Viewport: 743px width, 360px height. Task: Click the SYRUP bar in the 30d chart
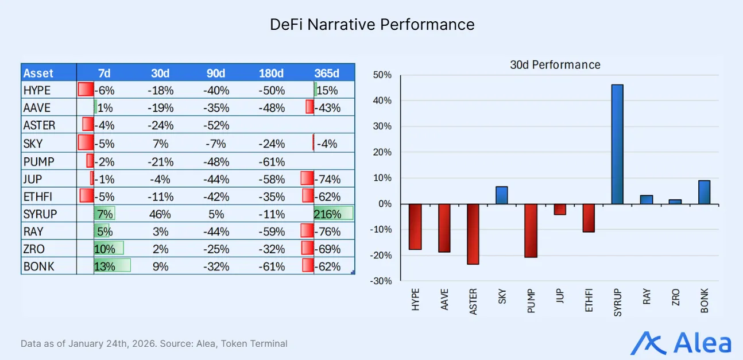click(x=617, y=144)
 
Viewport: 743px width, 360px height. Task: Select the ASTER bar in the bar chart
click(x=473, y=234)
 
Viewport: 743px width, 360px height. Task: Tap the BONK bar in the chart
click(x=705, y=192)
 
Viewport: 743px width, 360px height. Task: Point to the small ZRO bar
click(x=675, y=202)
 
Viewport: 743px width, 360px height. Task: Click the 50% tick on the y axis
click(x=382, y=75)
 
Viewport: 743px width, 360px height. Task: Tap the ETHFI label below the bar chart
click(x=589, y=300)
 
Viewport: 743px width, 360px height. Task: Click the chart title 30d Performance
click(x=555, y=65)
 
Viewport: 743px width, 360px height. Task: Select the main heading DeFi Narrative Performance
click(x=372, y=25)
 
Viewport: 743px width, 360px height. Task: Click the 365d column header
click(x=327, y=73)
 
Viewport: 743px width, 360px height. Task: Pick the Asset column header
click(x=38, y=73)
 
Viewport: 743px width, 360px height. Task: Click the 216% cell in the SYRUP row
click(x=327, y=214)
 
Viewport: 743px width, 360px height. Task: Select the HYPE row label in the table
click(x=37, y=90)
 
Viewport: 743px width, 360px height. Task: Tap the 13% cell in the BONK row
click(x=105, y=266)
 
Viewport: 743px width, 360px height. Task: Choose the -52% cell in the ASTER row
click(x=217, y=125)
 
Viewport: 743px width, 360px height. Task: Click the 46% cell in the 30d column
click(x=161, y=214)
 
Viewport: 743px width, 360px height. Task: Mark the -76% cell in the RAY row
click(x=328, y=232)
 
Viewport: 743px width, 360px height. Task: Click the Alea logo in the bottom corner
click(x=681, y=343)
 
